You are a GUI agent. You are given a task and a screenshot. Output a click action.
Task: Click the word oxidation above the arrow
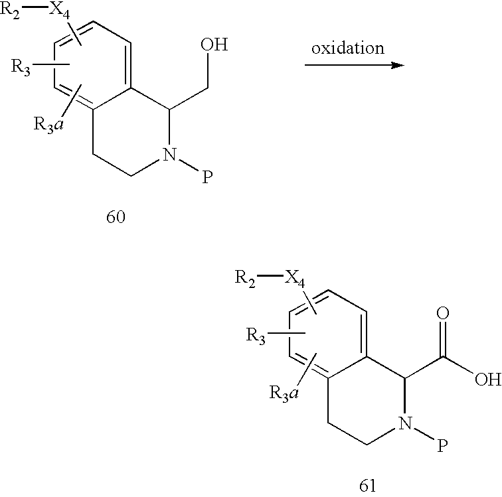pyautogui.click(x=348, y=48)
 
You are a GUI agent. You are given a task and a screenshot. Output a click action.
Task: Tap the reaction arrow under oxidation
pyautogui.click(x=355, y=65)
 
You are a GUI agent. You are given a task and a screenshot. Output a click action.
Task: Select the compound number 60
pyautogui.click(x=116, y=217)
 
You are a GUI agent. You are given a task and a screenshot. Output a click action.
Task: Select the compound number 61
pyautogui.click(x=367, y=486)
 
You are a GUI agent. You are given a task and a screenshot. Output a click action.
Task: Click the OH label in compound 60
pyautogui.click(x=214, y=44)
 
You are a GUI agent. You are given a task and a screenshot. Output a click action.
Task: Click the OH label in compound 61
pyautogui.click(x=488, y=380)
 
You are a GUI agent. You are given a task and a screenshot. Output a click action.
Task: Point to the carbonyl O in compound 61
pyautogui.click(x=443, y=314)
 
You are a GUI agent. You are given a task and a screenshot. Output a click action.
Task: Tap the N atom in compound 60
pyautogui.click(x=170, y=154)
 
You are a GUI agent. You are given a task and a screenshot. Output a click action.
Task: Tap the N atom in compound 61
pyautogui.click(x=405, y=423)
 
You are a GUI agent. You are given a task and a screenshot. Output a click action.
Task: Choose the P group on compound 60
pyautogui.click(x=207, y=177)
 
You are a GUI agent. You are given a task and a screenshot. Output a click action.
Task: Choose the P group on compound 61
pyautogui.click(x=442, y=445)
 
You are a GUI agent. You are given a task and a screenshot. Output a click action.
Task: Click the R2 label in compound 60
pyautogui.click(x=10, y=11)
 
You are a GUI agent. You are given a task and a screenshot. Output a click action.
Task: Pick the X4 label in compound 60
pyautogui.click(x=59, y=12)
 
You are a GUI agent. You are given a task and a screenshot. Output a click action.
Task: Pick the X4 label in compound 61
pyautogui.click(x=295, y=279)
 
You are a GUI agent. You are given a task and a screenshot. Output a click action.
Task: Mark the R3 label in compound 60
pyautogui.click(x=21, y=68)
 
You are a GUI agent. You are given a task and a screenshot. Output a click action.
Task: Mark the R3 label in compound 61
pyautogui.click(x=256, y=336)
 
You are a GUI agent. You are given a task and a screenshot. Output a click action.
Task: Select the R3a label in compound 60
pyautogui.click(x=48, y=125)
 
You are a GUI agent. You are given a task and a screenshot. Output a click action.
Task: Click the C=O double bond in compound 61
pyautogui.click(x=443, y=338)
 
